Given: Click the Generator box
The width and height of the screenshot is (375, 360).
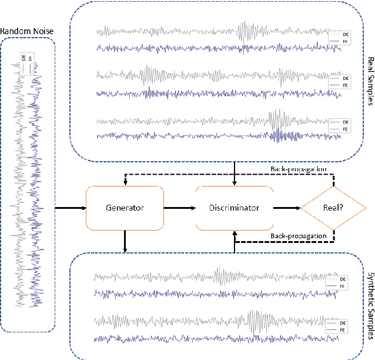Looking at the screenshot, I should (124, 208).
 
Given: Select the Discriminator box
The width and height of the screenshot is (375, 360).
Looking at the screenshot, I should (234, 208).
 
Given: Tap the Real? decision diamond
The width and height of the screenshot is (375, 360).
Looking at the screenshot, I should (334, 208).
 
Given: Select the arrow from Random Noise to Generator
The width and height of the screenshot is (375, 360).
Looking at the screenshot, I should (69, 208).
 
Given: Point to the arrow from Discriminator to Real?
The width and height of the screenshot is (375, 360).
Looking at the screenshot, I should (286, 208).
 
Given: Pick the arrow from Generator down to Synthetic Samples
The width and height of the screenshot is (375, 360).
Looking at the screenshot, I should (125, 242).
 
